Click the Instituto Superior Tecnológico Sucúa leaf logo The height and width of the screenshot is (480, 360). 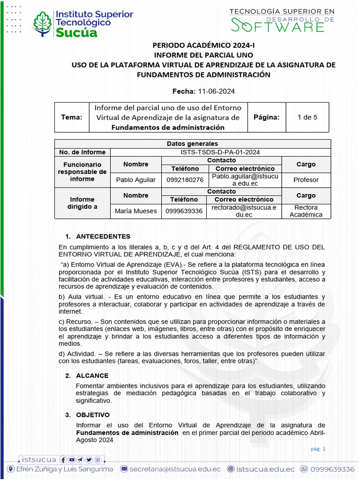click(x=43, y=23)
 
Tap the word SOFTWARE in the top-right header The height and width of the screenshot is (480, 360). click(x=277, y=26)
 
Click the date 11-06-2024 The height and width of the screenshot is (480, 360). click(x=216, y=91)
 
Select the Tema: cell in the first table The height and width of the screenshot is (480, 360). click(x=72, y=117)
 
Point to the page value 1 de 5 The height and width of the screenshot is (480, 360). click(x=307, y=117)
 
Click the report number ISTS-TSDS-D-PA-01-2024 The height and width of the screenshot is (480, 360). click(x=220, y=152)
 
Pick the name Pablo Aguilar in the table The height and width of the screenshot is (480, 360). click(x=135, y=180)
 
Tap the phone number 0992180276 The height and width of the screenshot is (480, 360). click(x=185, y=180)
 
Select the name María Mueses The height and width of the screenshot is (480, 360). click(x=135, y=211)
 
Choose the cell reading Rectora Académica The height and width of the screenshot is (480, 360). click(x=306, y=211)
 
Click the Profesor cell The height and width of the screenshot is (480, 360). click(x=306, y=180)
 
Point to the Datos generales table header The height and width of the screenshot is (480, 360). click(x=192, y=144)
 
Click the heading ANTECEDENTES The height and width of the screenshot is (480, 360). click(x=103, y=236)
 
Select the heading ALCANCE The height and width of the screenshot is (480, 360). click(x=92, y=375)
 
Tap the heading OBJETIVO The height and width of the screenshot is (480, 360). click(x=93, y=415)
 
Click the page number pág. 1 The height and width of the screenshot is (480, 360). click(x=318, y=449)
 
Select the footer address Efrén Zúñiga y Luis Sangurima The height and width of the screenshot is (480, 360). click(x=65, y=469)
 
